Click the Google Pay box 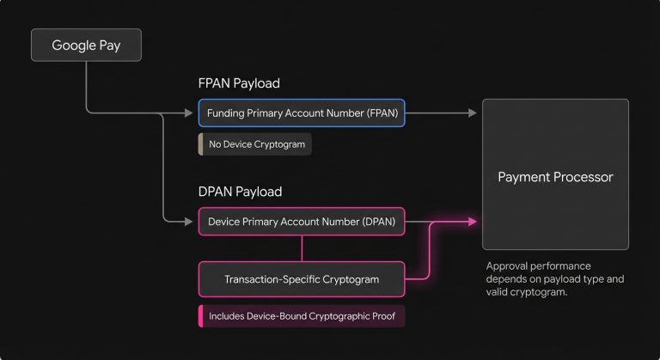click(86, 46)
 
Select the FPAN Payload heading click(239, 83)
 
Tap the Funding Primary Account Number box click(301, 113)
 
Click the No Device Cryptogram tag click(254, 144)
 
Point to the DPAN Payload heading click(240, 192)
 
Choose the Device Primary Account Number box click(301, 221)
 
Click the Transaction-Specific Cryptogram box click(301, 279)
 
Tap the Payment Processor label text click(555, 177)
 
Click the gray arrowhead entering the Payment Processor click(474, 113)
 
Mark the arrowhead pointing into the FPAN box click(191, 113)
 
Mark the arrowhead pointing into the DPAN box click(191, 221)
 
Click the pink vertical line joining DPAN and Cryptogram click(301, 248)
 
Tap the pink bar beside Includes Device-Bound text click(200, 316)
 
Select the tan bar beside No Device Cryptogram click(200, 144)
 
